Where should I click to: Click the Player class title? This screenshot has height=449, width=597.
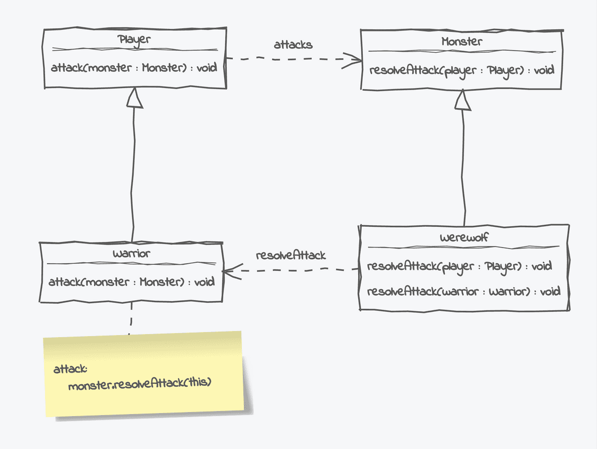click(134, 40)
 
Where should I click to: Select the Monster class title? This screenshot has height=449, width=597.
click(462, 42)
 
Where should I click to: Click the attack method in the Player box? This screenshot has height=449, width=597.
click(134, 67)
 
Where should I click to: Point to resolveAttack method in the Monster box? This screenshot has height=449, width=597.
click(461, 70)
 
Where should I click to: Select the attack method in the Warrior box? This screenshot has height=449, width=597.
click(132, 282)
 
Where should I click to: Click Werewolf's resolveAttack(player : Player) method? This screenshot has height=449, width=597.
click(459, 266)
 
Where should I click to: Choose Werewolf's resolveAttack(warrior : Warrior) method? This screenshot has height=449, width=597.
click(463, 291)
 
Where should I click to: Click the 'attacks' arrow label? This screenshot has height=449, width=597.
click(293, 45)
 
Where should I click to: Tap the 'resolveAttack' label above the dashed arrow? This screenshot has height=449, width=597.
click(290, 255)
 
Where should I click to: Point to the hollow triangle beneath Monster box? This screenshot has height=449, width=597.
click(462, 101)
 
